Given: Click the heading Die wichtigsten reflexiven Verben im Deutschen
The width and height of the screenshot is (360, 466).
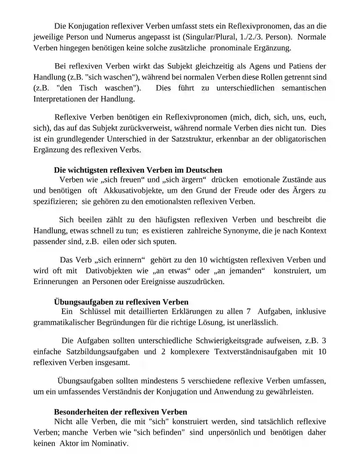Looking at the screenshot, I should click(138, 170).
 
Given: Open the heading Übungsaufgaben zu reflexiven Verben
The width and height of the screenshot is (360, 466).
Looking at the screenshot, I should click(121, 301).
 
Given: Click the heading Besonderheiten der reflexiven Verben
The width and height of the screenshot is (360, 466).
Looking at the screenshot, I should click(121, 412).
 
